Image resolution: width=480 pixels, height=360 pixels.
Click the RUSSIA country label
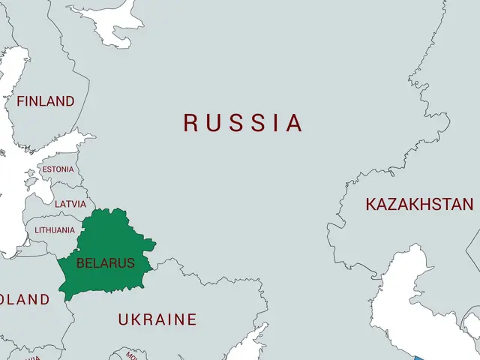pyautogui.click(x=244, y=123)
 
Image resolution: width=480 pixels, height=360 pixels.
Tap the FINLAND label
pyautogui.click(x=46, y=101)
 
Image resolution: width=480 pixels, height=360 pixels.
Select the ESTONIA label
pyautogui.click(x=58, y=169)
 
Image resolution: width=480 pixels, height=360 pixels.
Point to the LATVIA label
pyautogui.click(x=70, y=204)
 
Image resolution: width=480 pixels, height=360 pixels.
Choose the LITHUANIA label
pyautogui.click(x=55, y=230)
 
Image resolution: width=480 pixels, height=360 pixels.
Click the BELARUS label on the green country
pyautogui.click(x=106, y=263)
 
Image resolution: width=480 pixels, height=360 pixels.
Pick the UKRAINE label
pyautogui.click(x=157, y=319)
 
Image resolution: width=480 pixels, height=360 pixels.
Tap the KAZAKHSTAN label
pyautogui.click(x=419, y=204)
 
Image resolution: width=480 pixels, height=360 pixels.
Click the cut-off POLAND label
pyautogui.click(x=24, y=300)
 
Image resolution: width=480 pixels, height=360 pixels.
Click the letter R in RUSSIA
pyautogui.click(x=191, y=123)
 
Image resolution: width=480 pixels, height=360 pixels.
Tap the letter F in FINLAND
pyautogui.click(x=21, y=101)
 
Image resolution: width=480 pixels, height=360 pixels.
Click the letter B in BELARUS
pyautogui.click(x=81, y=263)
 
